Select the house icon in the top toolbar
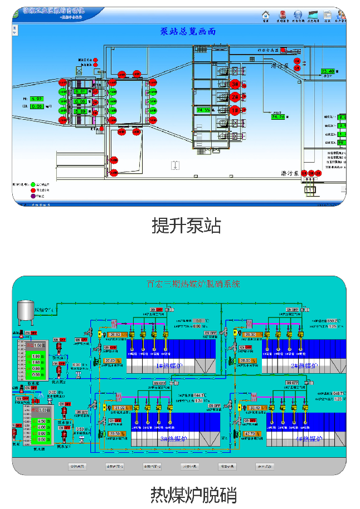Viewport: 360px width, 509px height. (x=266, y=14)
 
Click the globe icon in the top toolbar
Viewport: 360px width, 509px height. (x=298, y=14)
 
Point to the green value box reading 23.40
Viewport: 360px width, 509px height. (x=328, y=71)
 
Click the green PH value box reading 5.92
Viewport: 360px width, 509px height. (x=36, y=99)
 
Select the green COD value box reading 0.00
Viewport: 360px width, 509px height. (x=36, y=106)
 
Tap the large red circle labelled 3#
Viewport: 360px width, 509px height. (x=236, y=85)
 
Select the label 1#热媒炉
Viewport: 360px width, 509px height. (x=167, y=365)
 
